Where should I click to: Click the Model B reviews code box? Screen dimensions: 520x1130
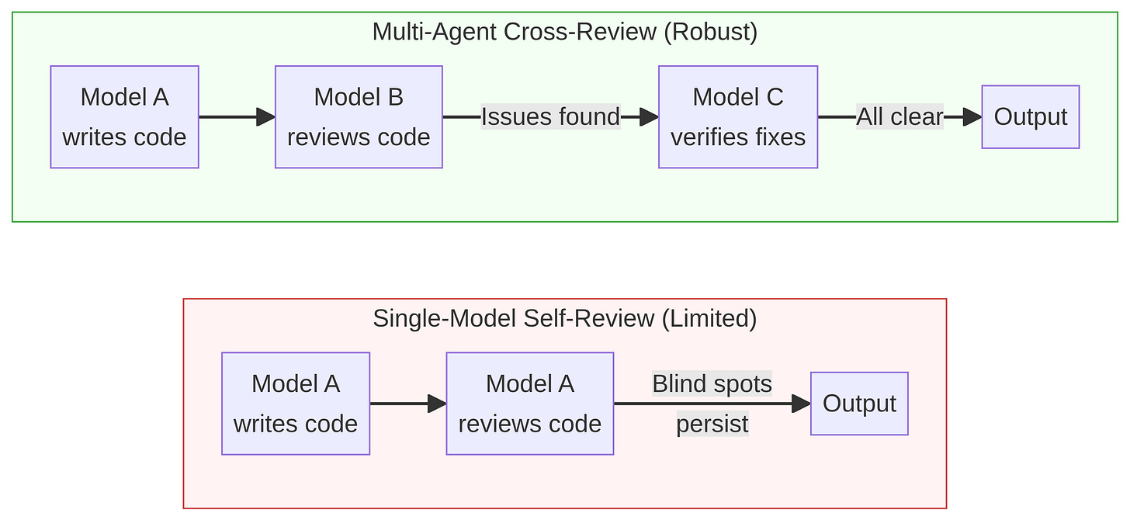(x=359, y=117)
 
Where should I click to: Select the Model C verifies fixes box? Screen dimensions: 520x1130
(x=737, y=117)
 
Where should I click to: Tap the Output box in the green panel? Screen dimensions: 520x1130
(x=1030, y=117)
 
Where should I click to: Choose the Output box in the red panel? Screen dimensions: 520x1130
(x=859, y=404)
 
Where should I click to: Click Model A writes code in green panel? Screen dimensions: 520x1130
(x=124, y=117)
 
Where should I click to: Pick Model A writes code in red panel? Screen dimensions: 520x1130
(x=295, y=404)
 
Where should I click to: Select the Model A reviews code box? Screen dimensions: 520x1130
(x=529, y=404)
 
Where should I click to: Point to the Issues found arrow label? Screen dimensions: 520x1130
(x=550, y=117)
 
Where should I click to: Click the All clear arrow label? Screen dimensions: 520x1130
(x=899, y=117)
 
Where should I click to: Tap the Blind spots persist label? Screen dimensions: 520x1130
(x=712, y=404)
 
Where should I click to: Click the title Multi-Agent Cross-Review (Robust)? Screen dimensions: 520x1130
(x=564, y=33)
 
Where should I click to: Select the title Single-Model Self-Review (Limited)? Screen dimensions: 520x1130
(x=564, y=319)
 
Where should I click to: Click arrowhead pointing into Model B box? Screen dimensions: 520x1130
(x=266, y=117)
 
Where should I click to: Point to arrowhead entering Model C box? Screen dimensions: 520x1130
(x=650, y=117)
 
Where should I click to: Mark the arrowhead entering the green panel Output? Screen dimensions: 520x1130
(x=972, y=117)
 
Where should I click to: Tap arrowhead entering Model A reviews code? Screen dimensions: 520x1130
(x=437, y=404)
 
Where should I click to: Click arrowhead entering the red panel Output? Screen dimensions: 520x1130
(x=801, y=404)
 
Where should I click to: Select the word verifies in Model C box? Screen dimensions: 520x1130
(x=702, y=137)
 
